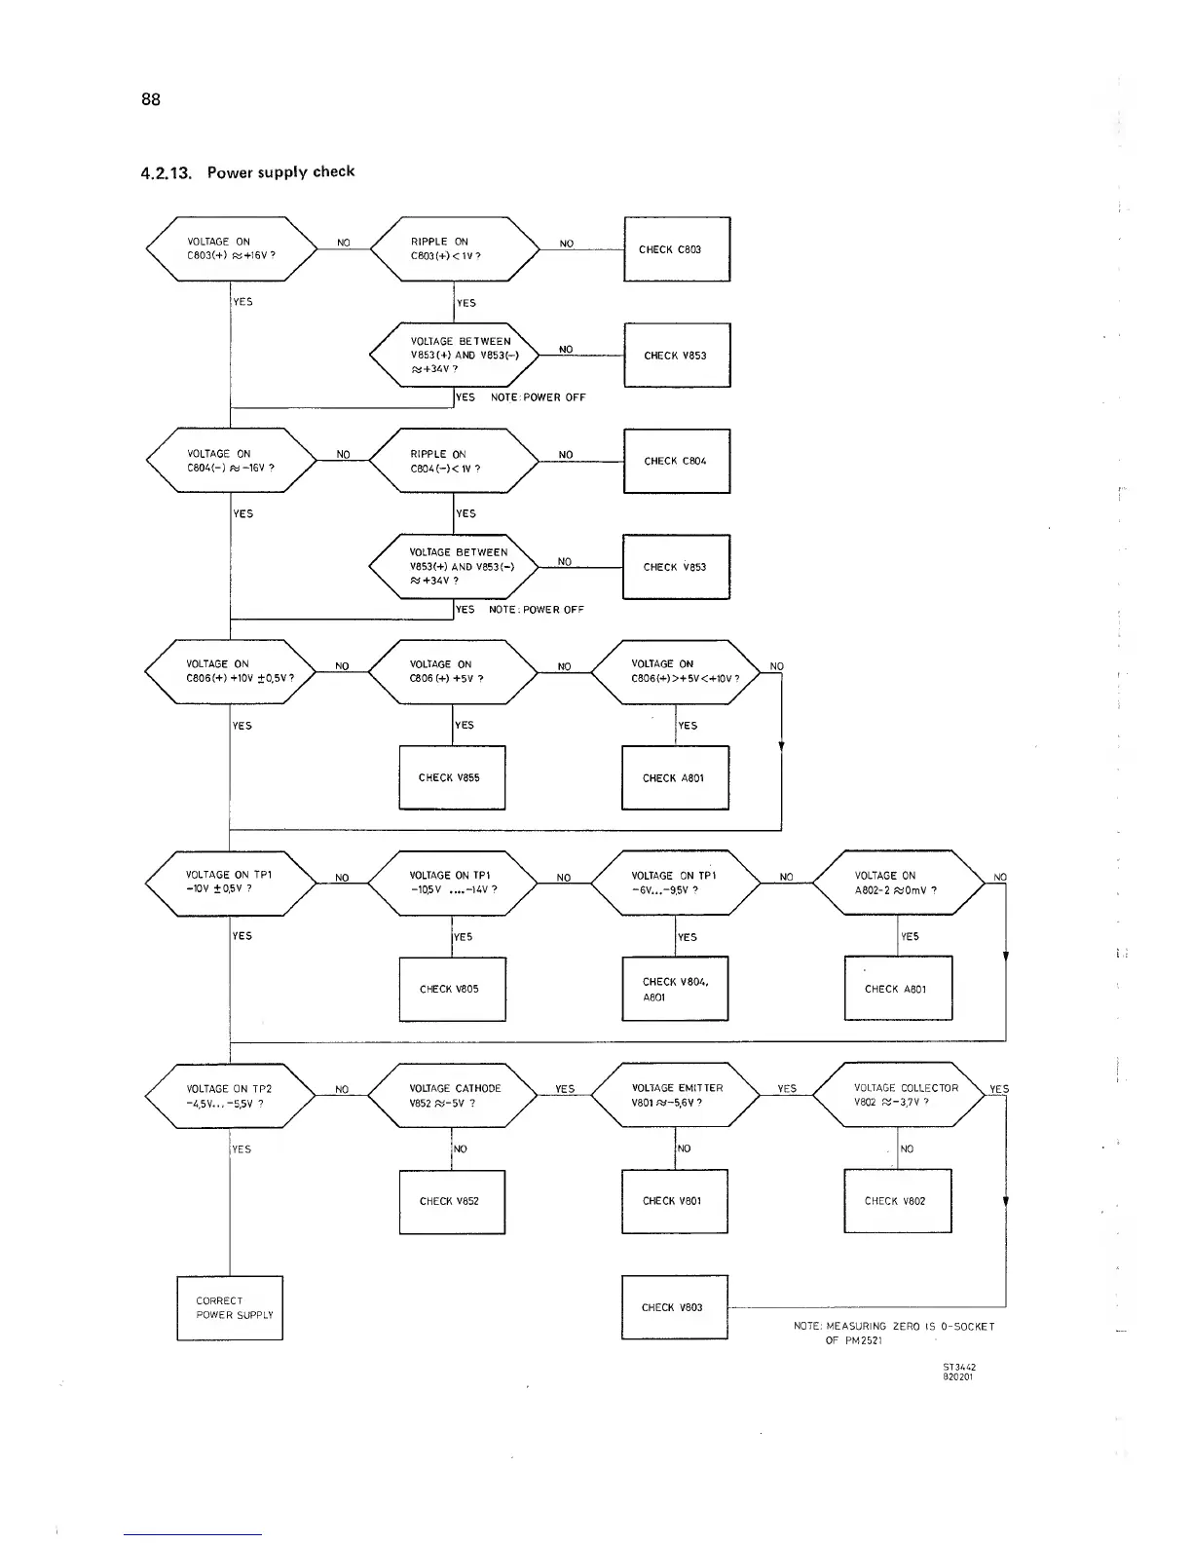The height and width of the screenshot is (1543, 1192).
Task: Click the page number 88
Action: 151,99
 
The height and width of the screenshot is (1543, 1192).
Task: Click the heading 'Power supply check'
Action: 280,172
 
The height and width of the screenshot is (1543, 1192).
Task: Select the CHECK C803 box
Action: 677,249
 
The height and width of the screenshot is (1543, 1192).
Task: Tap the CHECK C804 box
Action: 677,461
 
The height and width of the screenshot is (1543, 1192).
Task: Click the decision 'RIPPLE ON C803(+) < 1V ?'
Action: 455,249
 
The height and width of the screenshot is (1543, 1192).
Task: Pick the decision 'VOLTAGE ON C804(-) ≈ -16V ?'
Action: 231,461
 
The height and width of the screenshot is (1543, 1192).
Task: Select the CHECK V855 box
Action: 452,777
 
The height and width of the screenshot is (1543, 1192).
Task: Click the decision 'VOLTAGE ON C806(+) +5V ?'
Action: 453,671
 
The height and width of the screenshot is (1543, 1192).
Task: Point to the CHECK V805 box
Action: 452,989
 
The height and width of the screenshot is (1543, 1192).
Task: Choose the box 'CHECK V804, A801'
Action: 675,989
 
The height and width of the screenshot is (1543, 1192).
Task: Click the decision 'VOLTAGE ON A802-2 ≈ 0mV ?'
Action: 898,883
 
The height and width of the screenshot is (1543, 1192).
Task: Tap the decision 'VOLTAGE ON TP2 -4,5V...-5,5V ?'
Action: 231,1096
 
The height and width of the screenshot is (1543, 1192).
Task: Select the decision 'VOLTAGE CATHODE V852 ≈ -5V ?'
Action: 453,1096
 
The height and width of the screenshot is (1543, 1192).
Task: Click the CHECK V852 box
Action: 452,1201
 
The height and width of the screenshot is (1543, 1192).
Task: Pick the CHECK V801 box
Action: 675,1201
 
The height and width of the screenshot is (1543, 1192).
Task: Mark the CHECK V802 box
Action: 897,1201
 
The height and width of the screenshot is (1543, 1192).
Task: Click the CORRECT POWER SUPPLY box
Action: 230,1308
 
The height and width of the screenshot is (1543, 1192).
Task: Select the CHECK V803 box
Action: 675,1307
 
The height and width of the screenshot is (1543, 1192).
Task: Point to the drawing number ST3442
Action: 959,1367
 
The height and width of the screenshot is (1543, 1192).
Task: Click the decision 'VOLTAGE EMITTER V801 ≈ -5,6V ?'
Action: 676,1096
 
